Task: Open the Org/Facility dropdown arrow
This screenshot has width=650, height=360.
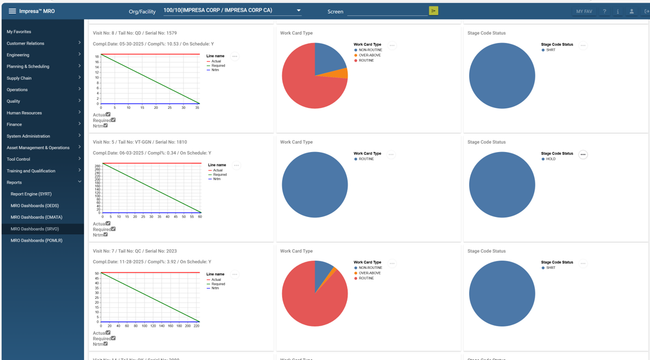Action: (x=298, y=11)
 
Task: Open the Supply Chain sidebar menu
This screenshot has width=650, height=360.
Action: (x=20, y=77)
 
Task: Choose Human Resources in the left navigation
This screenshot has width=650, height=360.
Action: (x=24, y=112)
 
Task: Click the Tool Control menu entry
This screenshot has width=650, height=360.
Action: (x=18, y=159)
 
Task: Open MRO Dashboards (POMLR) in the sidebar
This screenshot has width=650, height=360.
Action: (x=37, y=240)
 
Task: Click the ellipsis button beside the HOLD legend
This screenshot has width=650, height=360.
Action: (x=583, y=155)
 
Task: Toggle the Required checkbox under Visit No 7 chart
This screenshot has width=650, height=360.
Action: (x=113, y=337)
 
